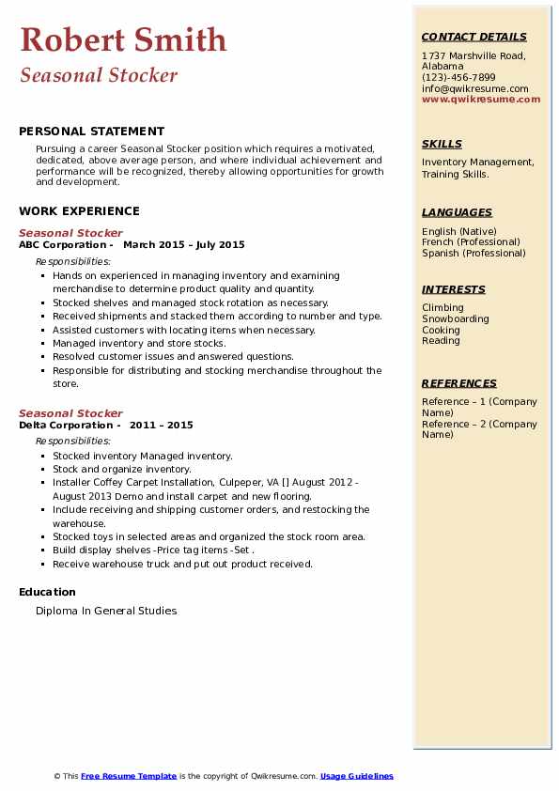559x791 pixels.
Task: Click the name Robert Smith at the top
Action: click(x=123, y=39)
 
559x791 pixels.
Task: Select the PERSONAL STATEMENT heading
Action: click(x=91, y=132)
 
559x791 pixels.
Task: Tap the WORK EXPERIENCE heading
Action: click(x=79, y=211)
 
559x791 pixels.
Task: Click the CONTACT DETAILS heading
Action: click(x=474, y=37)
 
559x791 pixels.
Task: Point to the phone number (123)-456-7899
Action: click(x=458, y=78)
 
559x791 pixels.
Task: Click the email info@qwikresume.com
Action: click(x=474, y=88)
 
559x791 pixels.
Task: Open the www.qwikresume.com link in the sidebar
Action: click(x=481, y=100)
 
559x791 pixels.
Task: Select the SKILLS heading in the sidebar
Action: click(x=442, y=144)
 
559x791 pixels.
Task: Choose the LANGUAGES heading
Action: click(x=457, y=212)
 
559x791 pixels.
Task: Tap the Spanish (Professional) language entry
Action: click(x=474, y=253)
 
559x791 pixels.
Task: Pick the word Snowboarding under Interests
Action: click(x=456, y=318)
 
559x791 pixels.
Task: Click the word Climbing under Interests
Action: click(x=443, y=307)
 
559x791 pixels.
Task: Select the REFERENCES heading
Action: click(x=459, y=383)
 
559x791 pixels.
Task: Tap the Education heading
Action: click(x=47, y=592)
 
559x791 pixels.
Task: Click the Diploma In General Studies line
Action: click(x=106, y=611)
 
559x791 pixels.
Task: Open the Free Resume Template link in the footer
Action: click(x=129, y=776)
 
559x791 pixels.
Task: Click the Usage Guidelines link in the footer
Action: click(x=357, y=776)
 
